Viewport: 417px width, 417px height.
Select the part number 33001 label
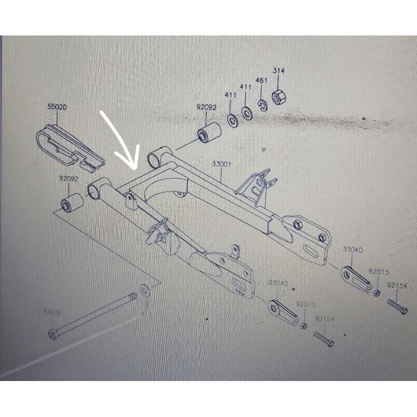pos(221,164)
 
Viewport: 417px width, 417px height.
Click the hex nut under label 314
pos(278,97)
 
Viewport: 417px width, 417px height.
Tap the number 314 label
pos(279,70)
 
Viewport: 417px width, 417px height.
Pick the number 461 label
pos(262,81)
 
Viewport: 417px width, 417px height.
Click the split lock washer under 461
pos(262,105)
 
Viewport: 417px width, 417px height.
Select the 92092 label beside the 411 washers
pos(206,107)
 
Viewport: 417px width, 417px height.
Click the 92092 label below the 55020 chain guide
pos(68,178)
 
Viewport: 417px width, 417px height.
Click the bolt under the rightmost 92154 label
pos(397,306)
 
